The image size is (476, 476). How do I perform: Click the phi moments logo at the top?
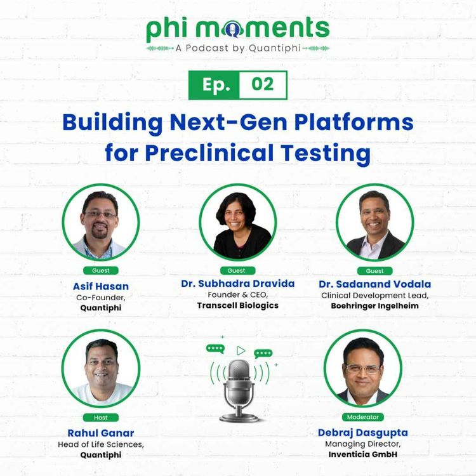[x=238, y=29]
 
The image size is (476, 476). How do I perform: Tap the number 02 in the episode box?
[x=262, y=85]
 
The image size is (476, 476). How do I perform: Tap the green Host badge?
[x=100, y=418]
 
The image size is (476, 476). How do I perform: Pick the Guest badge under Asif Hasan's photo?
[x=100, y=271]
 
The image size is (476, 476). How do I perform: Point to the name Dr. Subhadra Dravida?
[x=237, y=284]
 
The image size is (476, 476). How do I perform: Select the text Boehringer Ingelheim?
[x=375, y=305]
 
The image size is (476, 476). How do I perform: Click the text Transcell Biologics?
[x=237, y=305]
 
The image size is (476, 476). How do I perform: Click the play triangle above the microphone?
[x=241, y=350]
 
